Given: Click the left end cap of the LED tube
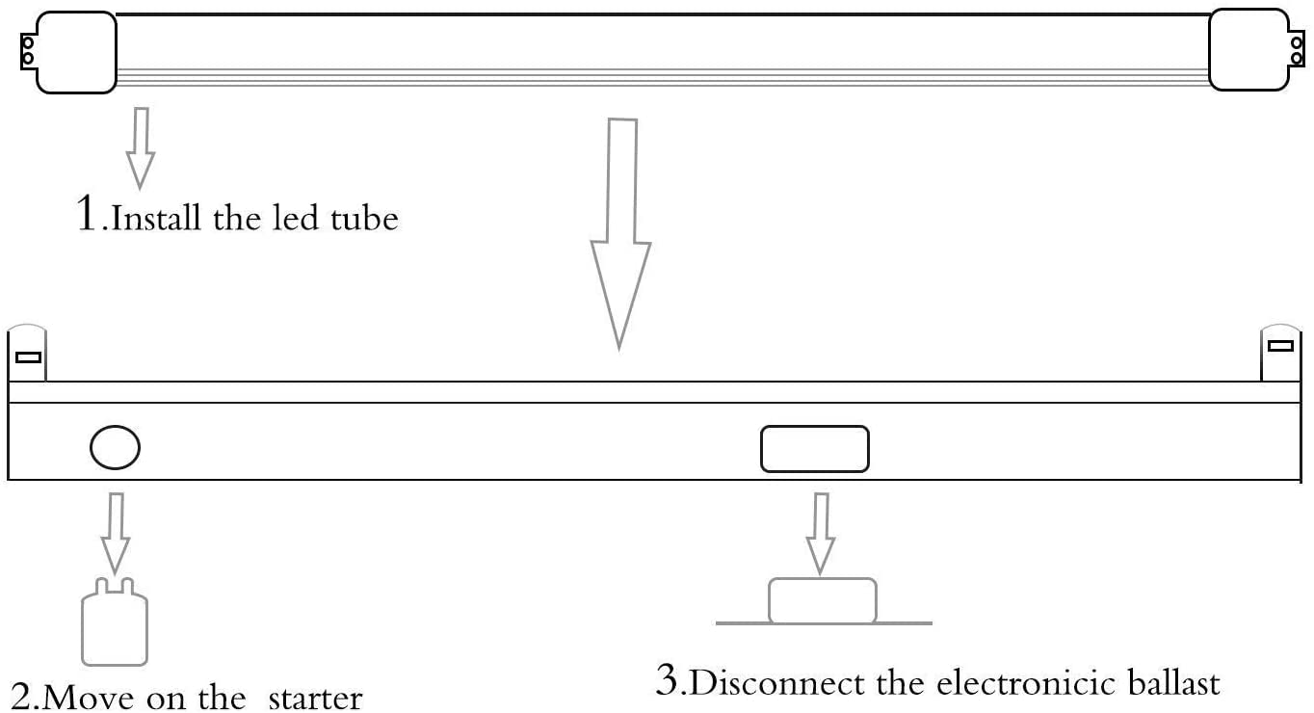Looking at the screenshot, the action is (76, 52).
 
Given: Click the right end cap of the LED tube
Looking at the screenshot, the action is (1248, 50).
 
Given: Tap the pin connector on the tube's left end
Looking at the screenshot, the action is (28, 52).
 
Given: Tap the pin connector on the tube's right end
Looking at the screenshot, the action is (1297, 48).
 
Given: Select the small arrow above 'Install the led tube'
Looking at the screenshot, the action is (141, 147).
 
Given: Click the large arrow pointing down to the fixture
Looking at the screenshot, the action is (620, 235).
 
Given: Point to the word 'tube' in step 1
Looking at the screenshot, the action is (364, 219).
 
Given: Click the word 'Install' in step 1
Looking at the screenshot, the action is (156, 217).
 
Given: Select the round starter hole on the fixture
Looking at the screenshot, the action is (115, 447).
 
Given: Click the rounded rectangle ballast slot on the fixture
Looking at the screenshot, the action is (815, 449).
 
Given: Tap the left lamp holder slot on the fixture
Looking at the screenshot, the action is (28, 357).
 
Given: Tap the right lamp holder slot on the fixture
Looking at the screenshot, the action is (1280, 346).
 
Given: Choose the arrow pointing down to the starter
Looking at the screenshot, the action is (116, 533).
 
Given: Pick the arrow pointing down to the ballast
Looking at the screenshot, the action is (821, 533).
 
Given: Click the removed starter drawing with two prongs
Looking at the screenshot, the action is (115, 622).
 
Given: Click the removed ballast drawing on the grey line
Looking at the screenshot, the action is (823, 601).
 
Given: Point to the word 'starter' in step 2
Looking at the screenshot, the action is (316, 699).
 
